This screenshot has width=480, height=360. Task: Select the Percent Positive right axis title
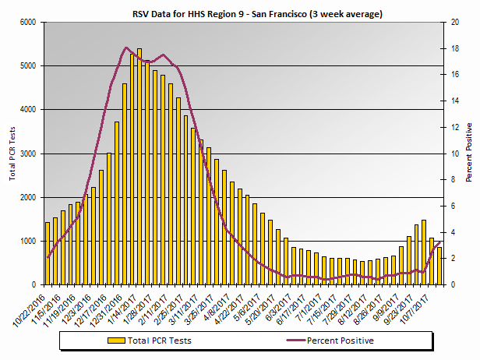[x=469, y=153]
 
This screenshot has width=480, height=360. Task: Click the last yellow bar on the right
[x=438, y=264]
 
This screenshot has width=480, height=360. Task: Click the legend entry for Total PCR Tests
[x=160, y=341]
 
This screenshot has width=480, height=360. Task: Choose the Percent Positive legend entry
[x=340, y=341]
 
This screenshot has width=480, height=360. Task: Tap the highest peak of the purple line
[x=127, y=48]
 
